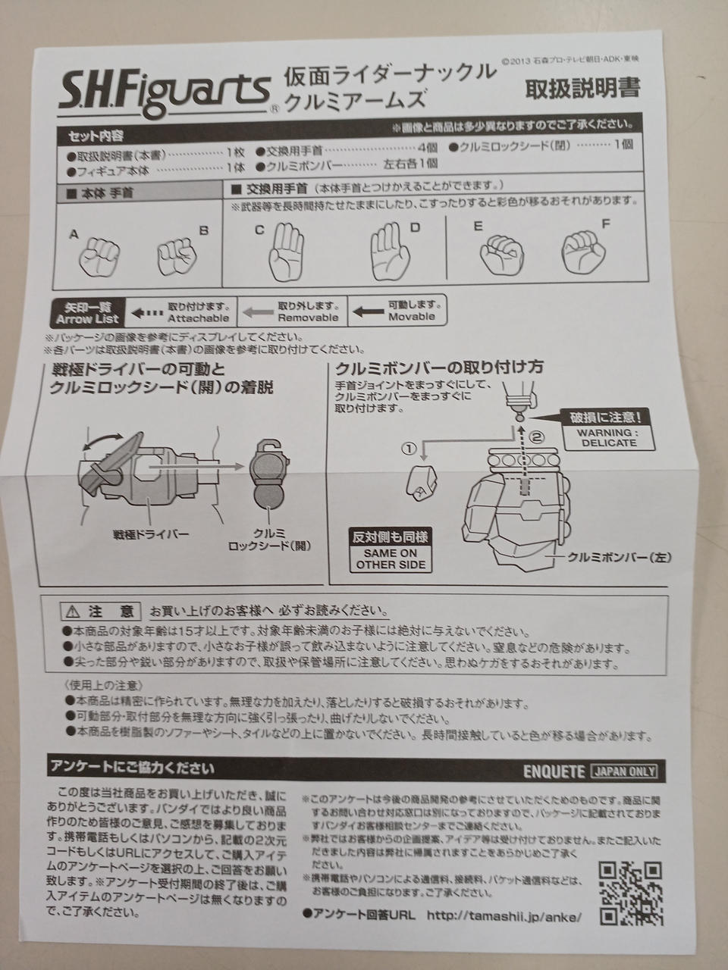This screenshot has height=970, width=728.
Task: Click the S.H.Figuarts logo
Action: click(165, 92)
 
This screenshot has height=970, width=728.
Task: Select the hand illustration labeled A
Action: click(99, 257)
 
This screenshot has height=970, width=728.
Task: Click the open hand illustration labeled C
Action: click(286, 251)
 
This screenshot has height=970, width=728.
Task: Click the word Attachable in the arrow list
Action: click(199, 318)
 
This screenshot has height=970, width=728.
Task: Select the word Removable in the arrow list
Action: click(308, 318)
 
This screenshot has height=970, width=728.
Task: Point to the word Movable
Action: click(412, 317)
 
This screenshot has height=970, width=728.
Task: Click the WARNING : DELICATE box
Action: click(609, 437)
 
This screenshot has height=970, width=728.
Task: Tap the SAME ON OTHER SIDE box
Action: click(391, 559)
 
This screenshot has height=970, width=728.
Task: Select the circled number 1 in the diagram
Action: click(409, 449)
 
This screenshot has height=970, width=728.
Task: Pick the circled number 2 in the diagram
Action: click(536, 437)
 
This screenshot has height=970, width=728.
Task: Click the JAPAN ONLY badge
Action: click(624, 771)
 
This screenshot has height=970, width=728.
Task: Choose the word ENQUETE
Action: click(554, 772)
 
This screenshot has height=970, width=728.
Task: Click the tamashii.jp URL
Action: click(504, 915)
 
